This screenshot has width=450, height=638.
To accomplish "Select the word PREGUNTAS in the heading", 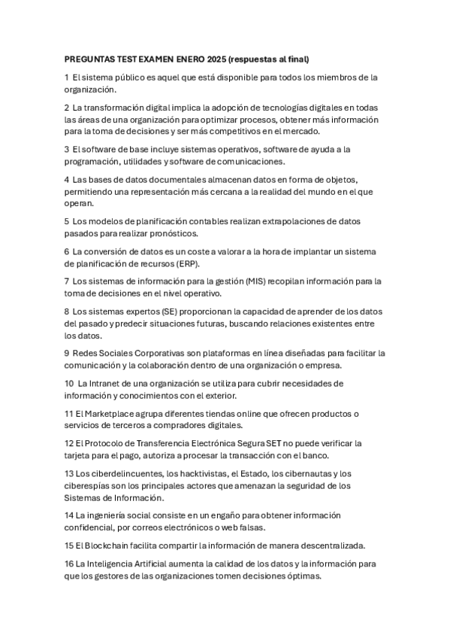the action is (90, 59).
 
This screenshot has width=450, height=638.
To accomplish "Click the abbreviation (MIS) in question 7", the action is (249, 281).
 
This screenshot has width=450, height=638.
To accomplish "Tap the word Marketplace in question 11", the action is (104, 413).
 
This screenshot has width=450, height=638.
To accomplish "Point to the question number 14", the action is (69, 515).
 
